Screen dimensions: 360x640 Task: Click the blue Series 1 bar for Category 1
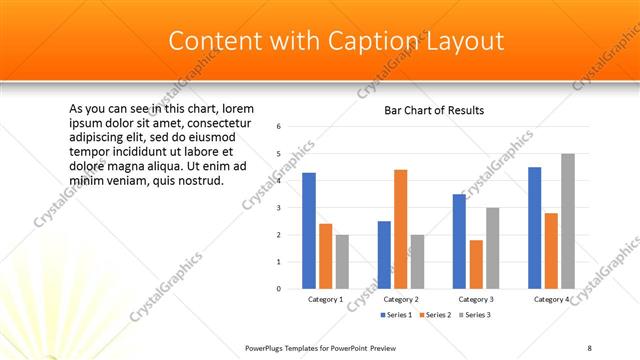(309, 230)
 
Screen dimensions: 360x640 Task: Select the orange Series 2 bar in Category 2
(400, 228)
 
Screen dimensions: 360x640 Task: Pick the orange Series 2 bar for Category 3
(475, 264)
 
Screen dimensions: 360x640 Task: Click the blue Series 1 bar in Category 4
(534, 227)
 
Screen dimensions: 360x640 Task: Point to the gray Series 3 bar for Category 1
(342, 261)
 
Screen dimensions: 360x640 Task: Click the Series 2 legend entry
(436, 315)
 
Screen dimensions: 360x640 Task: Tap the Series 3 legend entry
(476, 315)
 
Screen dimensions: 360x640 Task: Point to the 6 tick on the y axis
(279, 126)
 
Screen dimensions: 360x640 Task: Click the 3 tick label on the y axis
(279, 207)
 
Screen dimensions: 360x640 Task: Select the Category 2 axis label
(400, 299)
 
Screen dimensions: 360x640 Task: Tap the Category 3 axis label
(475, 299)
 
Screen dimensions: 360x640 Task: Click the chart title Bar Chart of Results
(434, 110)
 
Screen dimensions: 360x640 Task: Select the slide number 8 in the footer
(589, 347)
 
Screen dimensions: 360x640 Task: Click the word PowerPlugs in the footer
(267, 347)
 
